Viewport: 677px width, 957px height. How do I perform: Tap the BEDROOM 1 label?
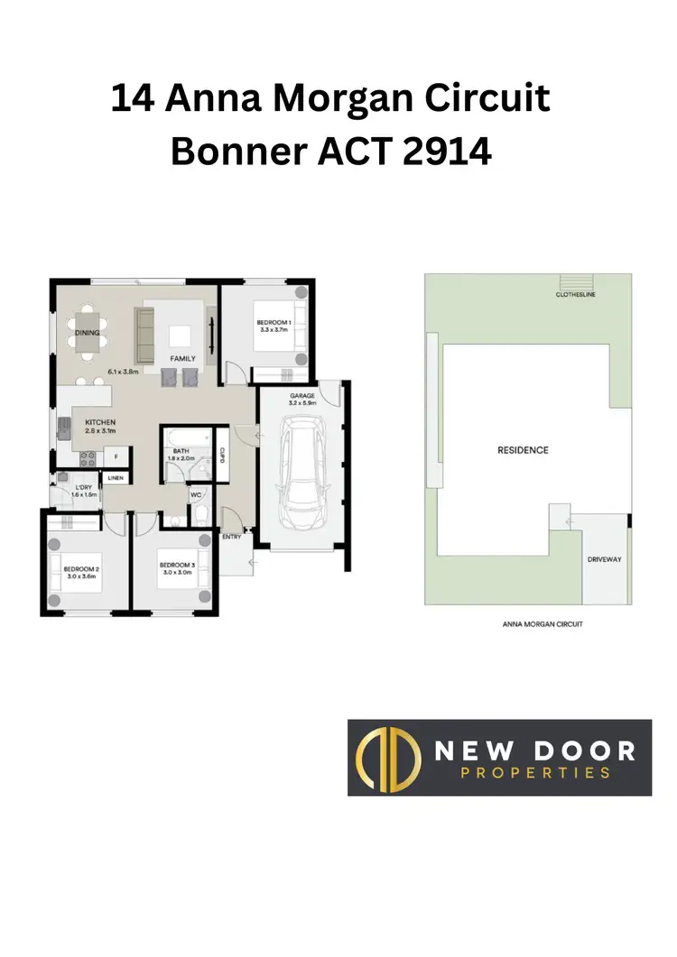click(274, 322)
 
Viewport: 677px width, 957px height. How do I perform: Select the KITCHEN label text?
click(100, 421)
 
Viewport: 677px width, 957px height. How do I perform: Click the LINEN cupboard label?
click(116, 478)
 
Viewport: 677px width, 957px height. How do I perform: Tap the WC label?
click(195, 495)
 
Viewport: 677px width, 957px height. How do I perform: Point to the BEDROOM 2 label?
click(81, 568)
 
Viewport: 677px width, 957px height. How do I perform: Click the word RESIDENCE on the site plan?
click(523, 450)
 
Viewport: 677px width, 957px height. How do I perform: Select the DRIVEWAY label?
click(604, 559)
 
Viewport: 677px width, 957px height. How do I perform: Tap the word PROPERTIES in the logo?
click(535, 772)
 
